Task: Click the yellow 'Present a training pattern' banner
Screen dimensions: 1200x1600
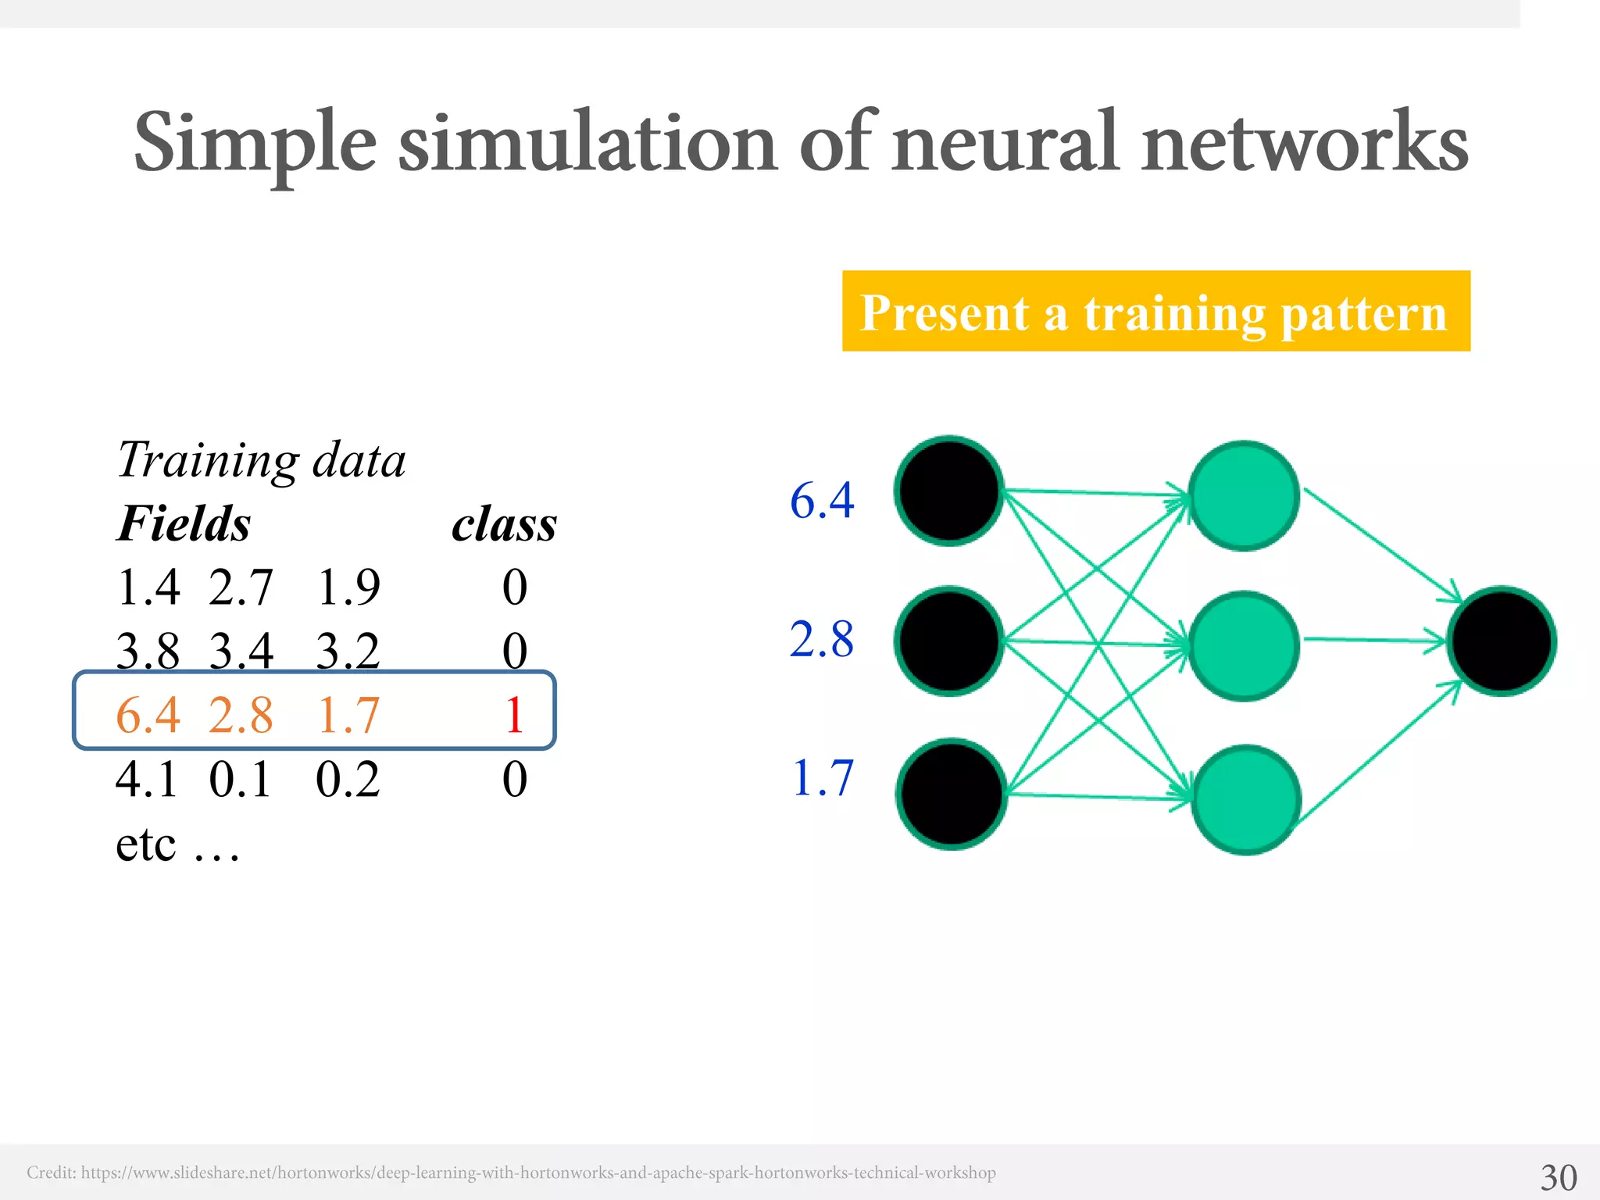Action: click(1155, 311)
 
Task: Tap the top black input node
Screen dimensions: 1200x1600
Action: click(949, 491)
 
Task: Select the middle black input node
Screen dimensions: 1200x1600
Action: click(949, 641)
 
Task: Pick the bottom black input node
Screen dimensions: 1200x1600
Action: click(951, 794)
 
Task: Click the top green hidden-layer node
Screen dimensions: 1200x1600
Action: click(1244, 495)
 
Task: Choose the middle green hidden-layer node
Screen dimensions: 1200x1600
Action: click(1244, 646)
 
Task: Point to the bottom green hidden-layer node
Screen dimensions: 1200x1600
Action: click(1246, 799)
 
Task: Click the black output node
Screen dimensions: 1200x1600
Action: click(1501, 641)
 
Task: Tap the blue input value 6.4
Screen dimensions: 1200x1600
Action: click(822, 500)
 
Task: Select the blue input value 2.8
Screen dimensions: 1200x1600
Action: click(822, 639)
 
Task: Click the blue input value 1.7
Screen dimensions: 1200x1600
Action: click(823, 778)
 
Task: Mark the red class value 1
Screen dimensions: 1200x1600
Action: click(514, 714)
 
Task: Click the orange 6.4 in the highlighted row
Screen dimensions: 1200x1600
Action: click(148, 714)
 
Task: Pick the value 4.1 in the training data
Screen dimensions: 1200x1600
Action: click(148, 779)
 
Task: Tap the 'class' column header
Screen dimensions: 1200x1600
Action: click(505, 523)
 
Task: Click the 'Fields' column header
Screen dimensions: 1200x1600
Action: click(184, 523)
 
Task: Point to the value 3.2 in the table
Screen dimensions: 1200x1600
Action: click(348, 650)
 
